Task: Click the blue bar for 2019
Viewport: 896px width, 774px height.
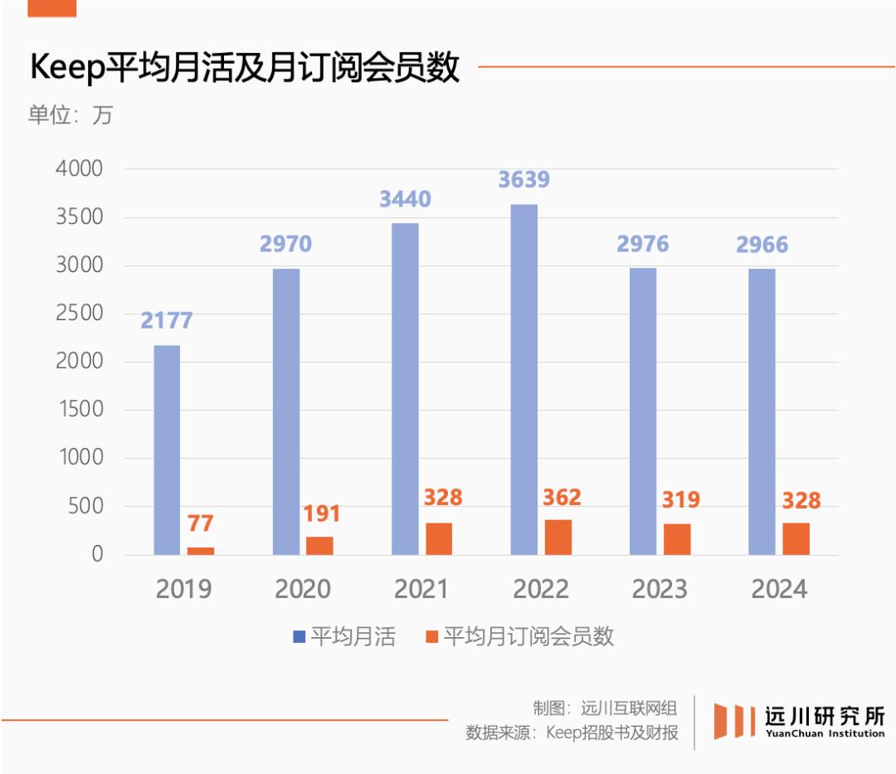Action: (167, 450)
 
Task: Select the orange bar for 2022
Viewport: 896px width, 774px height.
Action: (558, 537)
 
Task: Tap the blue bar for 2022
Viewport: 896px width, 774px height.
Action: (523, 379)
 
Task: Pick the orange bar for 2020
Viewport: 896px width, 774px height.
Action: (320, 545)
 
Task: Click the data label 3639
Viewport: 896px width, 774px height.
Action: (523, 180)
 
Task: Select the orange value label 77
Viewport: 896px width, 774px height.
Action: (201, 524)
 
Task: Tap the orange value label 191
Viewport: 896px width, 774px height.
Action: (321, 514)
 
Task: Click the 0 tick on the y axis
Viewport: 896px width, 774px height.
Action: (97, 554)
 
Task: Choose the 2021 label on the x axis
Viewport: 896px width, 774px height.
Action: (421, 590)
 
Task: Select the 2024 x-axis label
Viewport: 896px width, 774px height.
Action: (779, 590)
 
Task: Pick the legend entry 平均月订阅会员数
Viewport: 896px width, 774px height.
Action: (519, 637)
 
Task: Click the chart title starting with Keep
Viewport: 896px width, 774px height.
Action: (245, 68)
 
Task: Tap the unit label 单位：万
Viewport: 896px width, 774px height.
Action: (70, 114)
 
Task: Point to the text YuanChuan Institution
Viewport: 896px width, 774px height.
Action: (825, 733)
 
